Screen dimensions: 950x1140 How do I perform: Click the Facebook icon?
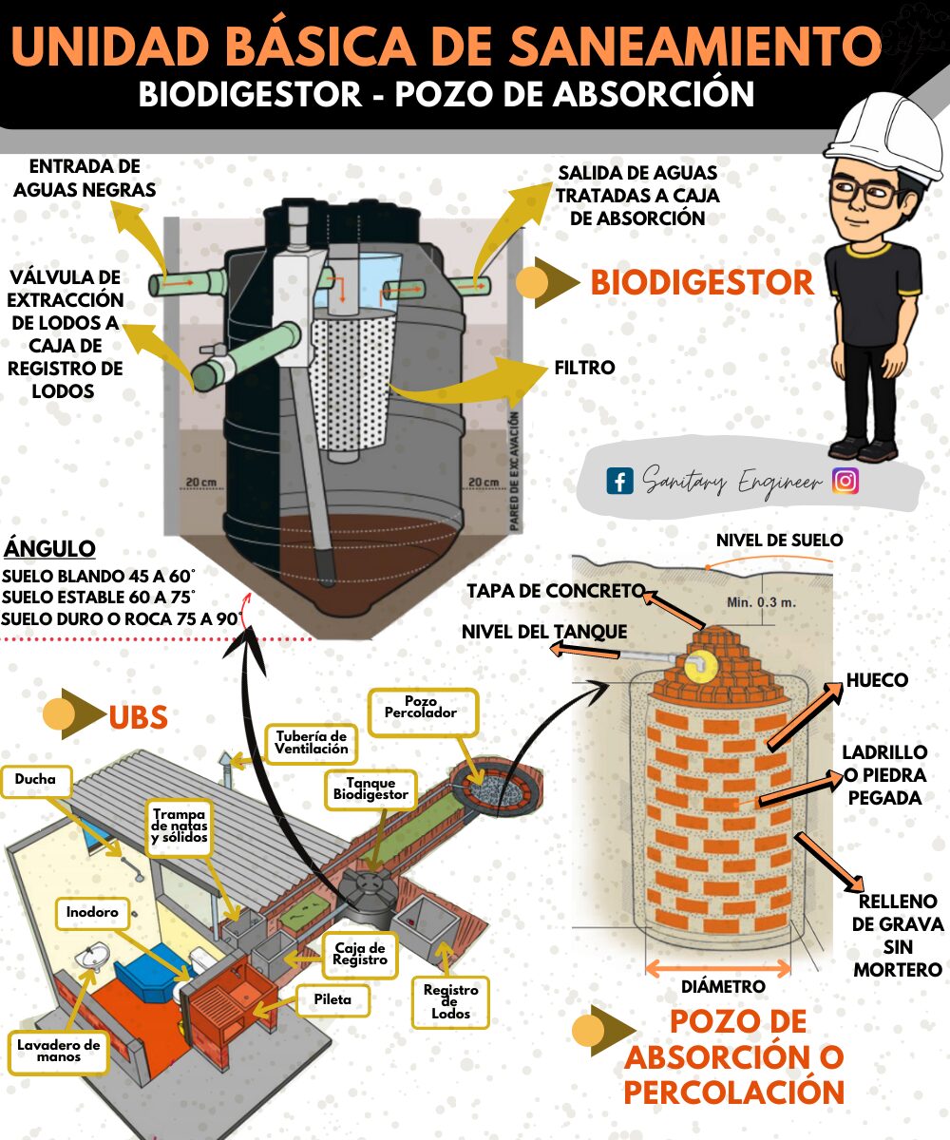pos(619,481)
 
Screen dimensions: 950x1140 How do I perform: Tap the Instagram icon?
pos(845,481)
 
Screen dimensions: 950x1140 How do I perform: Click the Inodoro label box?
pos(92,912)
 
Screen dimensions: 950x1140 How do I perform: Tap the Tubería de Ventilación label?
pos(312,743)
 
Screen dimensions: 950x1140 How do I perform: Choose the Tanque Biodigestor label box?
pos(370,788)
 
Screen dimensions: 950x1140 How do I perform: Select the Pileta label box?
pos(333,999)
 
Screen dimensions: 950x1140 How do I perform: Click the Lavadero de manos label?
pos(59,1051)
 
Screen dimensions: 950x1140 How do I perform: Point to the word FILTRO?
pos(585,368)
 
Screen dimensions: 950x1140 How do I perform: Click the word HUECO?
pos(878,680)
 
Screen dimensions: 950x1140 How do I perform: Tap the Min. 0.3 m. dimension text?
pos(762,602)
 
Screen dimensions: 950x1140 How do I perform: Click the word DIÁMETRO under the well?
pos(723,987)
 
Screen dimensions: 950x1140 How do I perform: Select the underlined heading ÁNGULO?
pos(49,549)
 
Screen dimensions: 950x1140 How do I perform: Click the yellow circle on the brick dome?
pos(700,664)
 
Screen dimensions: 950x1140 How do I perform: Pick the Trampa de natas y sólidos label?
pos(180,826)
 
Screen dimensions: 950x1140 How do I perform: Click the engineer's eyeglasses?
pos(865,190)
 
